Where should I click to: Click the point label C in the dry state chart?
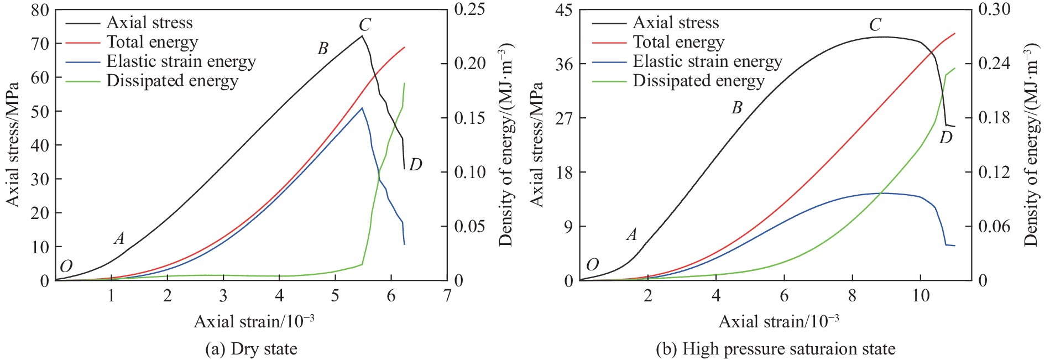point(364,25)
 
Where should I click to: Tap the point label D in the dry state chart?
point(416,164)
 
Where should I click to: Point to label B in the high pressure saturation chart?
point(737,108)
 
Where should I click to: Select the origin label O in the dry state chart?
point(66,267)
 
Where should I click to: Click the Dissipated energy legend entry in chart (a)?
point(172,81)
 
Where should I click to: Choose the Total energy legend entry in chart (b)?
point(678,42)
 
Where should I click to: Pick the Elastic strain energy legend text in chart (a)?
point(181,61)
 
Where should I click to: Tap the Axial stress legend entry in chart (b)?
point(676,23)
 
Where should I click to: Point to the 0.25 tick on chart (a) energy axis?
point(469,9)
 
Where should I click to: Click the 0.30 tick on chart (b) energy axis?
point(994,9)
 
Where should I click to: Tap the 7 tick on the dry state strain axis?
point(447,296)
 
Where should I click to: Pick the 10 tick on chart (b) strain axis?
point(921,296)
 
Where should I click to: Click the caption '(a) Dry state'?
point(251,349)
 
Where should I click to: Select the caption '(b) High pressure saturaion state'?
point(775,349)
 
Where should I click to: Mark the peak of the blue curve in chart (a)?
point(362,108)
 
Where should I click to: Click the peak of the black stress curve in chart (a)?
point(362,36)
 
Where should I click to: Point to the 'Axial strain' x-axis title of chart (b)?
point(778,321)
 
